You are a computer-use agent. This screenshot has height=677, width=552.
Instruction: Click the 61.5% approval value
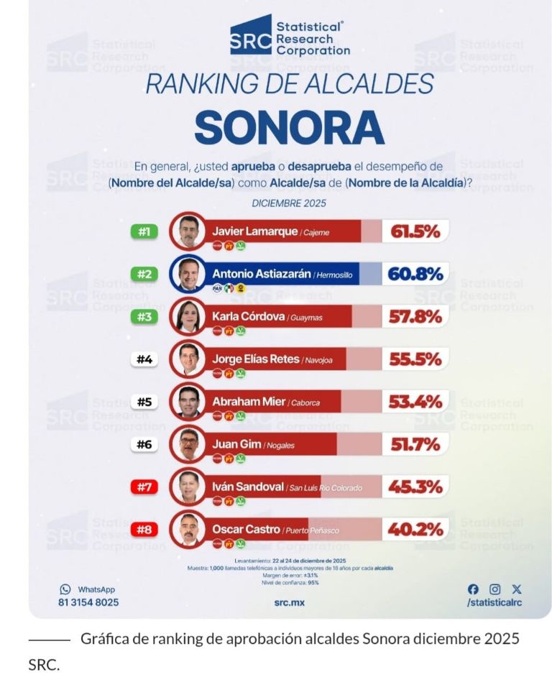point(415,231)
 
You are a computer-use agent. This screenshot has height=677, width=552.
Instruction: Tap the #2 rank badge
point(144,274)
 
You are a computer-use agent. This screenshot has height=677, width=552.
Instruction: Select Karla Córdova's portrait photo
point(188,316)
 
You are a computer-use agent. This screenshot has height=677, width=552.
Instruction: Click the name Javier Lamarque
point(245,231)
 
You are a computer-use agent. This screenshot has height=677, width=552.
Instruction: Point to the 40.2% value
point(415,530)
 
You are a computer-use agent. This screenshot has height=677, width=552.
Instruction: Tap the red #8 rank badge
point(144,530)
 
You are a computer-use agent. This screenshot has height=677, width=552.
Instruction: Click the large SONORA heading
point(289,127)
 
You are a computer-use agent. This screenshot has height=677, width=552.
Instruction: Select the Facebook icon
point(473,589)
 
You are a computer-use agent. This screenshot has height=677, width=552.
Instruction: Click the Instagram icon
point(494,589)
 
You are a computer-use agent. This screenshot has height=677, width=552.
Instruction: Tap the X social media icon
point(516,589)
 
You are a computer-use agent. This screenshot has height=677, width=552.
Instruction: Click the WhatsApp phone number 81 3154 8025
point(88,602)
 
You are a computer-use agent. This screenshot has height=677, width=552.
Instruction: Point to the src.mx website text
point(289,602)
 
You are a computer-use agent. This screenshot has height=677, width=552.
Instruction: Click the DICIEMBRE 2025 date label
point(289,203)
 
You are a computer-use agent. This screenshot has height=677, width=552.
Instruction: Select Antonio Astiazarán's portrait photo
point(188,274)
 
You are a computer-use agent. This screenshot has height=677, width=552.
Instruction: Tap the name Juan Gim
point(236,444)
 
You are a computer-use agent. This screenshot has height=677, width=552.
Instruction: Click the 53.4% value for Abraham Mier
point(415,402)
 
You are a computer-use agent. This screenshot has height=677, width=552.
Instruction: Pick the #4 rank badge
point(144,359)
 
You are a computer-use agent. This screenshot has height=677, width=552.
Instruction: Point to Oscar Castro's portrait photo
point(188,530)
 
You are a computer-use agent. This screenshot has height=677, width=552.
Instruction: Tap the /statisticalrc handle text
point(494,602)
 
